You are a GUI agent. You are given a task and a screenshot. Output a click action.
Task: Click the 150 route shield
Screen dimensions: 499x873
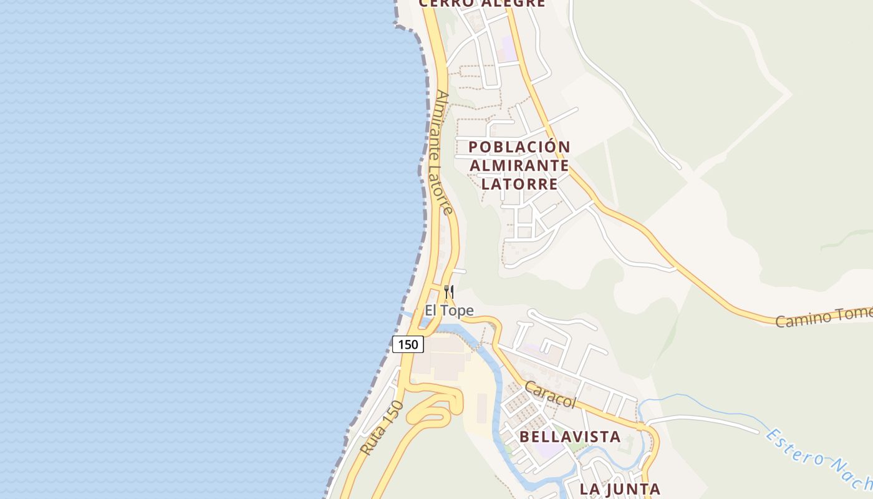[x=408, y=344]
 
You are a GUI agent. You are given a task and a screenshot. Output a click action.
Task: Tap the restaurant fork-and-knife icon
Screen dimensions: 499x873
[x=448, y=291]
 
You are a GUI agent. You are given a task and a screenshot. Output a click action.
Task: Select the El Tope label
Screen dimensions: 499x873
[x=449, y=310]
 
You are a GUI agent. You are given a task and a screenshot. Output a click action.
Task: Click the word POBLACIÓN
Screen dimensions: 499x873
[x=519, y=147]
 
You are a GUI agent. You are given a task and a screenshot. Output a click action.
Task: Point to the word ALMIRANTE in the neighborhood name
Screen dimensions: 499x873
[x=519, y=165]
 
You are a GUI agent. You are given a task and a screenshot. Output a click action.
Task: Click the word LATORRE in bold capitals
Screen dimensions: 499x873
[x=519, y=184]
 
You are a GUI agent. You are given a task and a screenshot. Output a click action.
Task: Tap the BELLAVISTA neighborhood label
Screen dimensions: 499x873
[x=570, y=437]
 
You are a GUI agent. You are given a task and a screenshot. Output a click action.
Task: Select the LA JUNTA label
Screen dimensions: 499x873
[x=620, y=489]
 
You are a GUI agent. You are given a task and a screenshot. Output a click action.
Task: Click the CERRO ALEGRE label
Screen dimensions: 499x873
[x=481, y=3]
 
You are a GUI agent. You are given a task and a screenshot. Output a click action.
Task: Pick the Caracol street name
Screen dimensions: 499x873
[x=550, y=395]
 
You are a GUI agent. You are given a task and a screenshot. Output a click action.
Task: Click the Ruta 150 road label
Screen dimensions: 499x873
[x=382, y=428]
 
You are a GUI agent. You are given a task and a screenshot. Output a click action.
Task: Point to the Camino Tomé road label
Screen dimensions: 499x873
[x=823, y=317]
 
